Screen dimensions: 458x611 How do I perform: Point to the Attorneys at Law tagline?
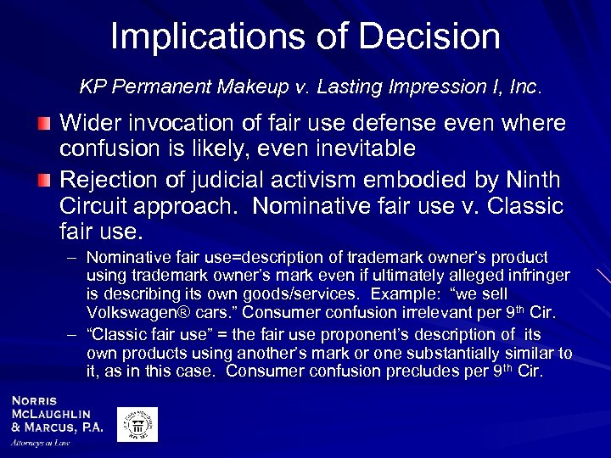pos(40,443)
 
